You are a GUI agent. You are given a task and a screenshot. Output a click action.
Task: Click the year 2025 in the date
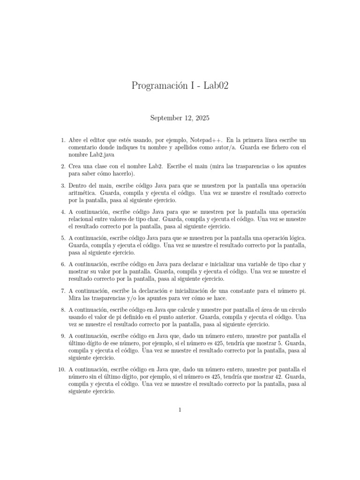pyautogui.click(x=202, y=118)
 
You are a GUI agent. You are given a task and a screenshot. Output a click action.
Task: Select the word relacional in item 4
pyautogui.click(x=84, y=219)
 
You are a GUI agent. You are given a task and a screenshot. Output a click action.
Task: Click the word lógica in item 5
pyautogui.click(x=295, y=238)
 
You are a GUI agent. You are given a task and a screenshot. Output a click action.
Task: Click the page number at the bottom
pyautogui.click(x=180, y=410)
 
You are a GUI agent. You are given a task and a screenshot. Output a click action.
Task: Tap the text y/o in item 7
pyautogui.click(x=131, y=298)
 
